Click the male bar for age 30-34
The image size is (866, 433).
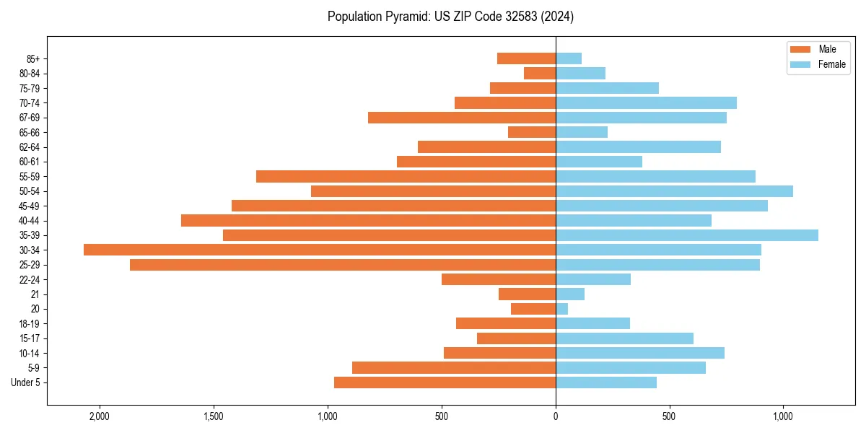[x=320, y=250]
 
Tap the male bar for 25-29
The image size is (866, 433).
[x=343, y=265]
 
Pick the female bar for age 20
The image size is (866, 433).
[x=561, y=309]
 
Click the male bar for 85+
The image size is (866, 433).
[x=526, y=58]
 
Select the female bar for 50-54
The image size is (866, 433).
[x=674, y=191]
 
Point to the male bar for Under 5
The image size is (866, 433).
[x=445, y=382]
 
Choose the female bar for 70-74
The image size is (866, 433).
[x=646, y=102]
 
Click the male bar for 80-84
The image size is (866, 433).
[x=540, y=73]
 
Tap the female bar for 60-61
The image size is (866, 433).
[x=599, y=162]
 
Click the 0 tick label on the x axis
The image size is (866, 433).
[x=556, y=416]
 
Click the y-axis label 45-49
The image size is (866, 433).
[x=30, y=206]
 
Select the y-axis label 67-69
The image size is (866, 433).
[x=30, y=118]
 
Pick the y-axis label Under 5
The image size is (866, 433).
[x=25, y=382]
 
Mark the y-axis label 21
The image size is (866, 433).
[x=35, y=294]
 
